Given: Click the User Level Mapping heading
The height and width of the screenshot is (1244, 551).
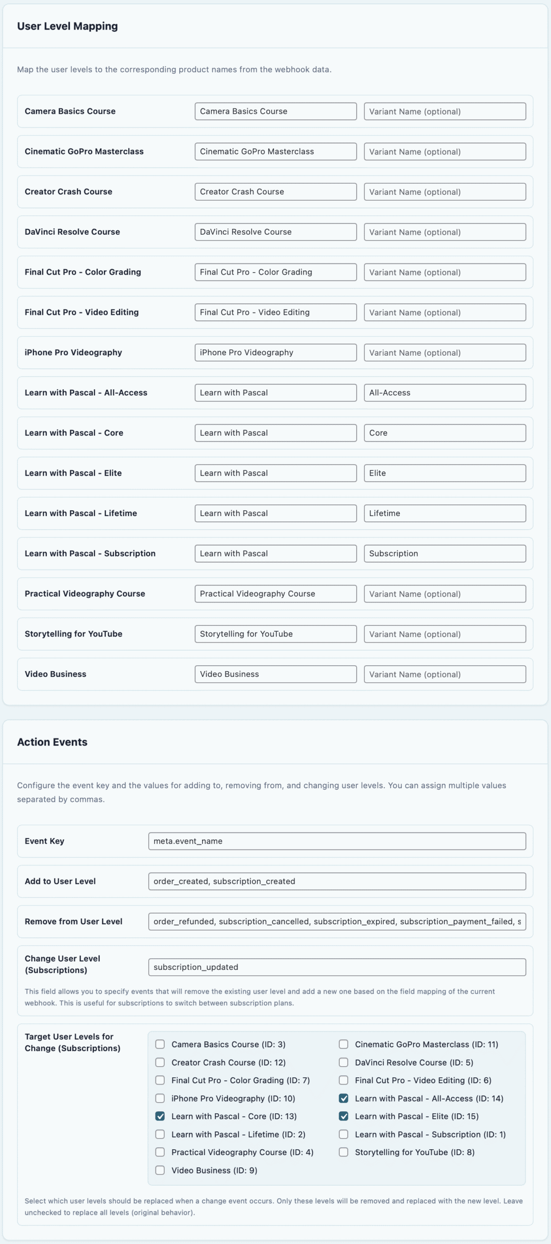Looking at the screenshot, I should pos(67,26).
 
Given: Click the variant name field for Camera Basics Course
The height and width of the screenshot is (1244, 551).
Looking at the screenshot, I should pos(445,111).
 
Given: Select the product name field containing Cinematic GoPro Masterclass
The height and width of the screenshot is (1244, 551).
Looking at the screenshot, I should pos(275,152).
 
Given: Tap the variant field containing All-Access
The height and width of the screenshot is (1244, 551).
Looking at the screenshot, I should pos(445,393).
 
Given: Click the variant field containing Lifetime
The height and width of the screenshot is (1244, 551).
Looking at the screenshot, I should pos(445,513).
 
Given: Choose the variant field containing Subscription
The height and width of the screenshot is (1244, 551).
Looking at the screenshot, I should pos(445,553).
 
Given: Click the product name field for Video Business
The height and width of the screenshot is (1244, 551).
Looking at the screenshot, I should pos(275,674).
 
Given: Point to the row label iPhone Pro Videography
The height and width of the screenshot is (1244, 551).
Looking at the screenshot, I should pos(73,352).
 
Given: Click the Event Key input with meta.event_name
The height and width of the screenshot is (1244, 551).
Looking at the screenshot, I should pos(337,841).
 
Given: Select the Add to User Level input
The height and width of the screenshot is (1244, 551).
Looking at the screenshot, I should pos(337,881).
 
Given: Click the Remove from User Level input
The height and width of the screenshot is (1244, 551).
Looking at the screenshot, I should pos(337,921).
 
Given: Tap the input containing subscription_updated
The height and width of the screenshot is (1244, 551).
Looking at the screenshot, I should pos(337,967).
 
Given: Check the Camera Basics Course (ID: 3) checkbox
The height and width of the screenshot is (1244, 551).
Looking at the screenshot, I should pos(160,1044).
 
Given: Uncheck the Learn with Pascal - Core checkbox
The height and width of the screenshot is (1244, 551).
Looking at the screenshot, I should pos(160,1116).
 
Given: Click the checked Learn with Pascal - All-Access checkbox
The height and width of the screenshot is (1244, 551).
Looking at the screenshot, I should pos(344,1098).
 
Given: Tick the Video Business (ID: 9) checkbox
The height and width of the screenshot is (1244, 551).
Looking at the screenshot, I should pos(160,1170).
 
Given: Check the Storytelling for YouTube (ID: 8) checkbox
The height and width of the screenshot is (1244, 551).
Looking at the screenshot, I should pos(344,1152).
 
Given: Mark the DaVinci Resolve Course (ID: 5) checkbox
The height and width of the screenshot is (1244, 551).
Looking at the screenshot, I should pos(344,1062).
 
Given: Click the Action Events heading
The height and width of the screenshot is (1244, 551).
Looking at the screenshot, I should pos(52,742).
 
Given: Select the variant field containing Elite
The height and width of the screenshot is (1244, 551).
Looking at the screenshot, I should pos(445,473).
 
